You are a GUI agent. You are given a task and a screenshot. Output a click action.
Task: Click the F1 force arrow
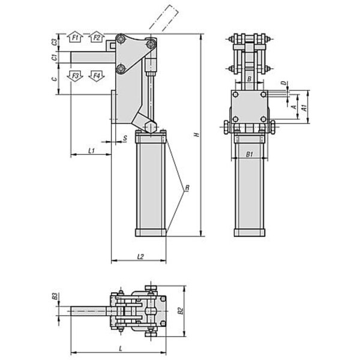(x=75, y=37)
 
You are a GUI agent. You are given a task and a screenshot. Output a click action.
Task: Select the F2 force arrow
(x=97, y=37)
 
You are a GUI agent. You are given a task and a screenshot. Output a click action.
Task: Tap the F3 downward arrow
(x=75, y=76)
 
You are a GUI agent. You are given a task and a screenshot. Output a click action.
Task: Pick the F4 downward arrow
(x=97, y=76)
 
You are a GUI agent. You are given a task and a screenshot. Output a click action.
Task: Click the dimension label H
(x=197, y=134)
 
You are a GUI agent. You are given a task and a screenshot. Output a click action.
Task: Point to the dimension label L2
(x=140, y=256)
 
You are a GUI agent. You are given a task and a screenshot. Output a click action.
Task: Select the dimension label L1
(x=91, y=151)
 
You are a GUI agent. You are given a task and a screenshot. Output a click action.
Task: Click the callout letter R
(x=187, y=188)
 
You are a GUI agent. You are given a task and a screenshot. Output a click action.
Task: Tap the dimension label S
(x=125, y=138)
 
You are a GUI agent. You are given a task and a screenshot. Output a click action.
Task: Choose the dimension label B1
(x=250, y=154)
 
